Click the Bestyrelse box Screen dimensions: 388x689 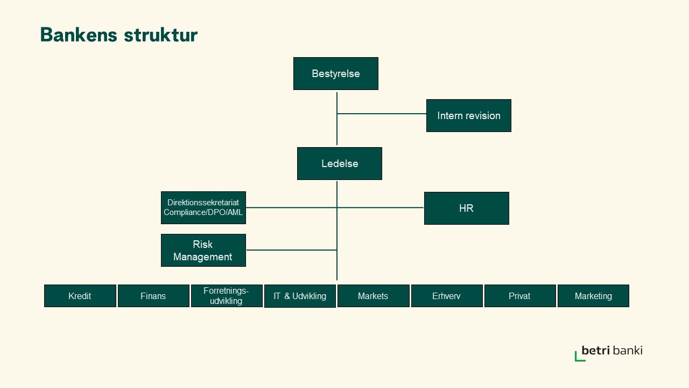point(335,74)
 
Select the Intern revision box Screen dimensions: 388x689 point(468,116)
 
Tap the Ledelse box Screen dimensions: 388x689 point(339,163)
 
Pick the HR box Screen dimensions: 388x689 point(466,208)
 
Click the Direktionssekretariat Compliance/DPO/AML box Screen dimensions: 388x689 point(203,208)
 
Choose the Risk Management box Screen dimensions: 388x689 point(203,251)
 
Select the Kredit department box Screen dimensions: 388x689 point(80,296)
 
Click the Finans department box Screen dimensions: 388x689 point(153,296)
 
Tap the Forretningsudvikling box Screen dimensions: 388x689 point(227,296)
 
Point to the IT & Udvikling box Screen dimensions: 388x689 point(300,296)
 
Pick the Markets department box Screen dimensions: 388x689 point(373,296)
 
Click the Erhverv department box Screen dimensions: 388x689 point(447,296)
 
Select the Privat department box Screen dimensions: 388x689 point(520,296)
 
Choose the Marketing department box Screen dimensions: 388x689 point(593,296)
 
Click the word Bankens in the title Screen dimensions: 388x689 point(79,34)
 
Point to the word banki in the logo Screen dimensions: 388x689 point(628,350)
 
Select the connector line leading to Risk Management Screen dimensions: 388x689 point(291,250)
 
